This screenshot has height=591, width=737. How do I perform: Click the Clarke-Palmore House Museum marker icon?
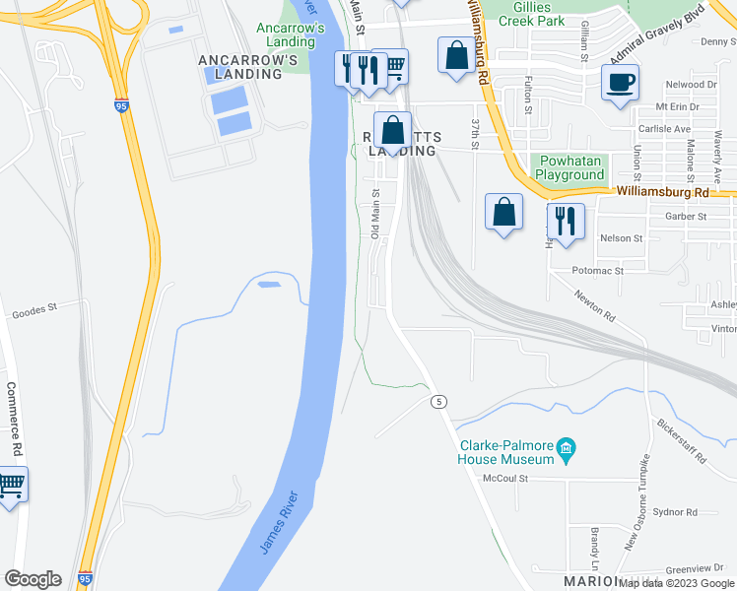click(567, 452)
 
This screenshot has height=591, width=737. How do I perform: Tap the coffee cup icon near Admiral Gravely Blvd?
click(620, 83)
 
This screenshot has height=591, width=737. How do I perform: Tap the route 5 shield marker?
click(435, 401)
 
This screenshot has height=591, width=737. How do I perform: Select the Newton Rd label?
click(596, 306)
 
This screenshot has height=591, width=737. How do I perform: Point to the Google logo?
click(33, 579)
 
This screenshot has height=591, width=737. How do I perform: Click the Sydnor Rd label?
click(675, 512)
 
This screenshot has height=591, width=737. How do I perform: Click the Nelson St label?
click(621, 238)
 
